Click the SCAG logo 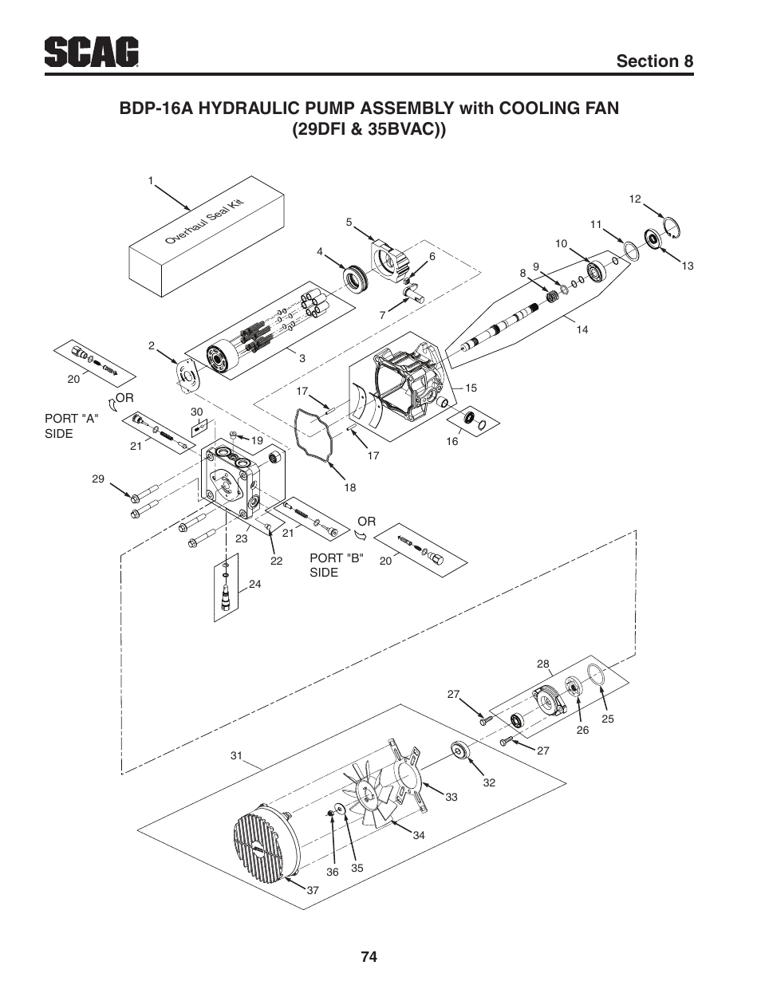tap(92, 52)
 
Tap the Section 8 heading tap(654, 61)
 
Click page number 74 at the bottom tap(369, 956)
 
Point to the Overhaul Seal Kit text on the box tap(204, 222)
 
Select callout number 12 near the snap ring tap(635, 199)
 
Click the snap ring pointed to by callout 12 tap(672, 227)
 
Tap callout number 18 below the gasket tap(350, 487)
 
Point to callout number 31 tap(236, 755)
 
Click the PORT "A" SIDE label tap(72, 426)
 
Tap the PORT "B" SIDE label tap(337, 565)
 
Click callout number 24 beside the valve tap(254, 584)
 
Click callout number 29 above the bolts tap(98, 479)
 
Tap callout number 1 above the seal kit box tap(151, 181)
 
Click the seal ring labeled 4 tap(355, 278)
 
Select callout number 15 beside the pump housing tap(471, 388)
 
